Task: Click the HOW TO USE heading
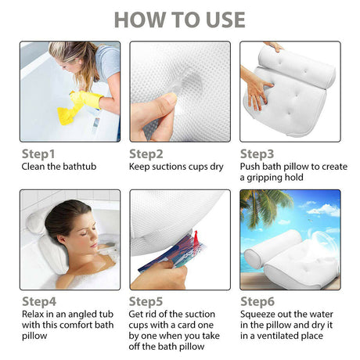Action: [180, 20]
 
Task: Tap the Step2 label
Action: [146, 154]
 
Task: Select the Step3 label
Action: [257, 154]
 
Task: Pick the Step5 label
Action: [146, 301]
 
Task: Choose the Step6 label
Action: [257, 301]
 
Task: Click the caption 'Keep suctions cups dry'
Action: [178, 167]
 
